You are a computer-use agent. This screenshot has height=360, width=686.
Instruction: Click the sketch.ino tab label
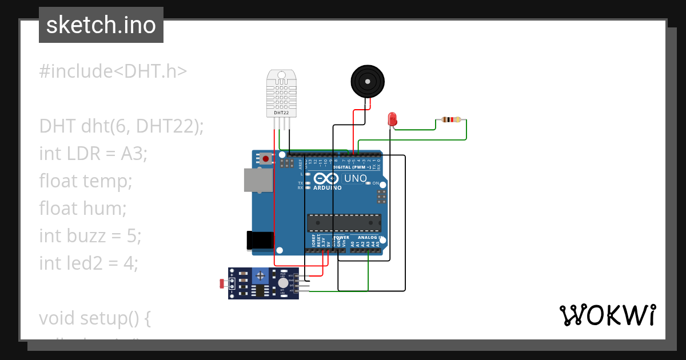(101, 25)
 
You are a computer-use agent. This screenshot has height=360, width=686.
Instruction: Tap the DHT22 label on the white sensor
(281, 113)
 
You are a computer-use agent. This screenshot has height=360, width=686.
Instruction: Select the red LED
(392, 119)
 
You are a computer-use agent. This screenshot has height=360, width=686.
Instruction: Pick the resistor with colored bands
(451, 119)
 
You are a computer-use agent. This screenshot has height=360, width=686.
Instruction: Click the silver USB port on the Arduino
(258, 180)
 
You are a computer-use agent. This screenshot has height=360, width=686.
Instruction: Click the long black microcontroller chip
(344, 222)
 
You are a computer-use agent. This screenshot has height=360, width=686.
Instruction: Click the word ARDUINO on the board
(328, 187)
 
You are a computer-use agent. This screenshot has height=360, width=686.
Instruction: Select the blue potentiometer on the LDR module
(261, 275)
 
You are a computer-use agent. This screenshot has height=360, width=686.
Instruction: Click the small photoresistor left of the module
(222, 282)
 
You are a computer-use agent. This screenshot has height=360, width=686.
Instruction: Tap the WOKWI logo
(607, 315)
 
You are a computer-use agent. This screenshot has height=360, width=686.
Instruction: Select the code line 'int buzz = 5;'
(90, 235)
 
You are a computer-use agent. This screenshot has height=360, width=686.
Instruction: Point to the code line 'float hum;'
(83, 208)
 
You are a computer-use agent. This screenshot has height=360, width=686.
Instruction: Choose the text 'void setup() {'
(95, 318)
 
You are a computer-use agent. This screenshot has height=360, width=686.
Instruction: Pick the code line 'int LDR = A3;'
(93, 153)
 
